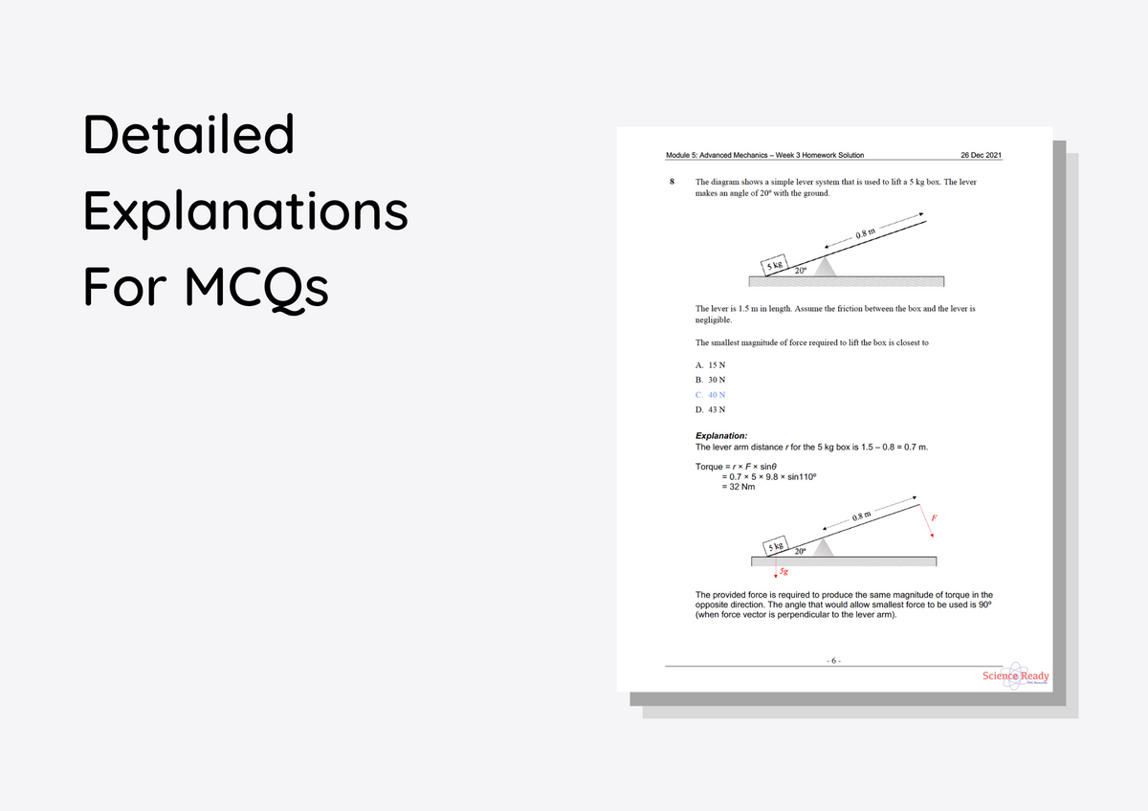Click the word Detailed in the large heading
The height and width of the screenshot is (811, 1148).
pyautogui.click(x=188, y=135)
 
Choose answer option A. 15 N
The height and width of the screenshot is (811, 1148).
pyautogui.click(x=711, y=364)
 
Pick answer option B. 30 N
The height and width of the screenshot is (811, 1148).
pyautogui.click(x=711, y=380)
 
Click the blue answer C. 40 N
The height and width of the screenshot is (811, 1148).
pyautogui.click(x=711, y=394)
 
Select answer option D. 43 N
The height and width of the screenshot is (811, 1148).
pyautogui.click(x=711, y=409)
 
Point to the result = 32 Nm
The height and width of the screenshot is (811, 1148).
pyautogui.click(x=738, y=487)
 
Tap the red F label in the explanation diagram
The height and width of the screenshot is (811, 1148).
pyautogui.click(x=934, y=518)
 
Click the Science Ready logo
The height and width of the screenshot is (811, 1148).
pyautogui.click(x=1016, y=676)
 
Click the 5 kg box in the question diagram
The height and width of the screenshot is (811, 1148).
pyautogui.click(x=774, y=265)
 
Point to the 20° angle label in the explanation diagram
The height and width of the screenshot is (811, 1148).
pyautogui.click(x=800, y=551)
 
